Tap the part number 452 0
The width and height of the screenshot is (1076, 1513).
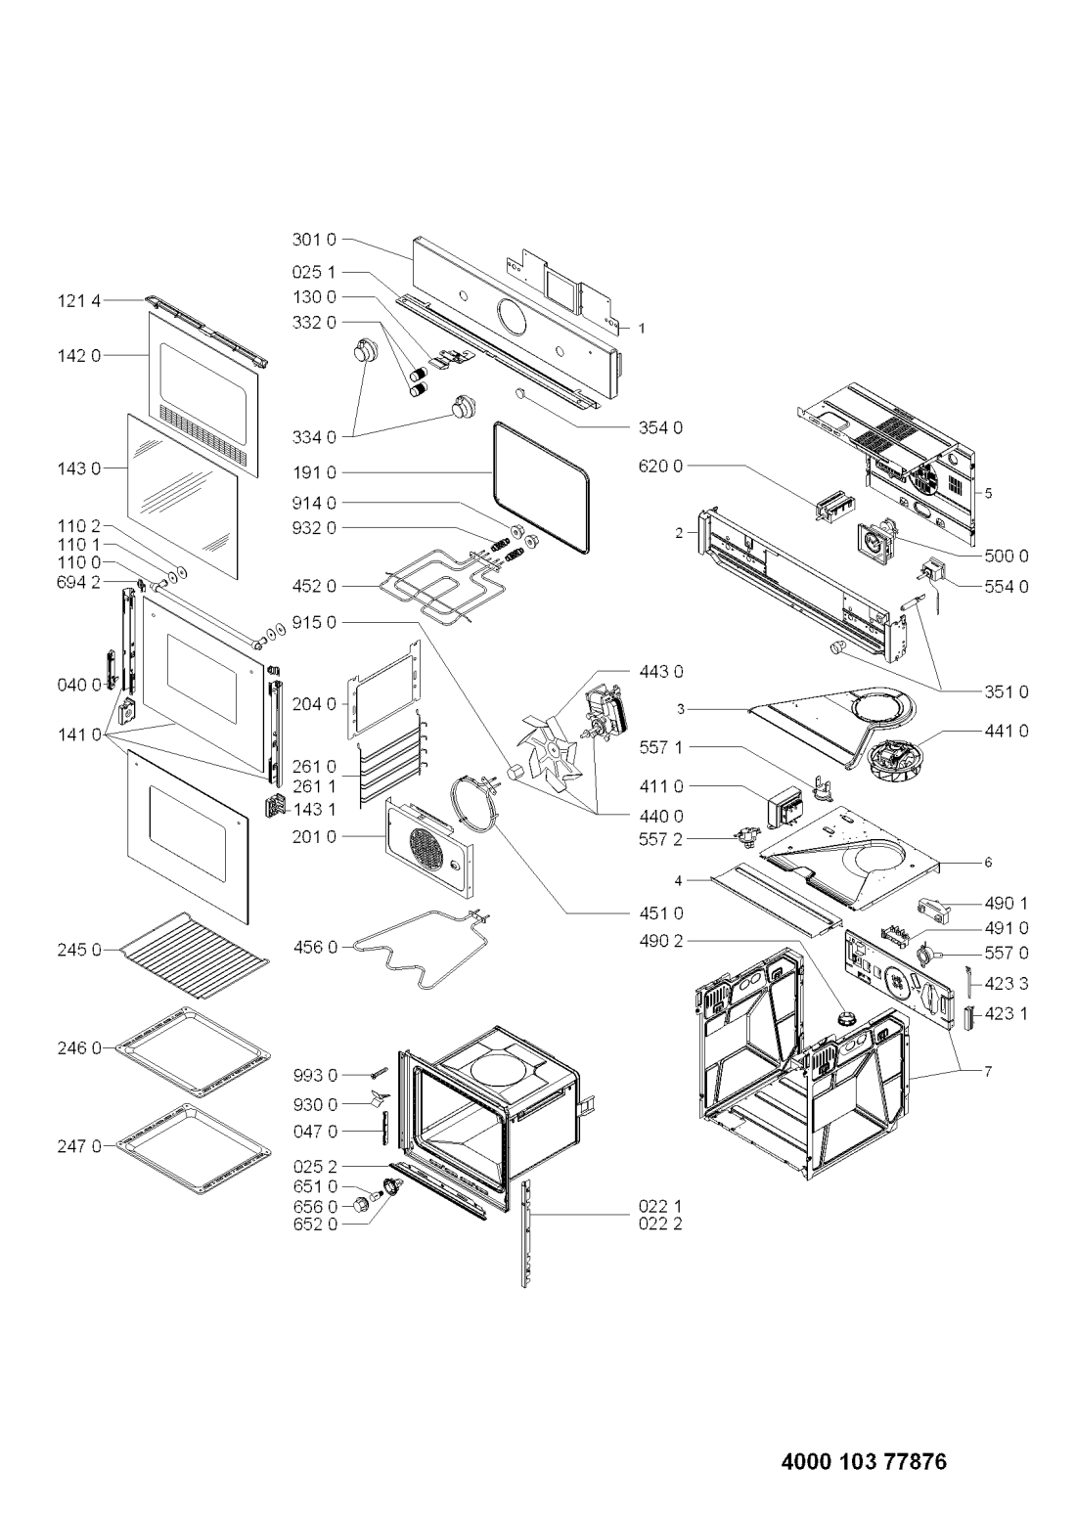(314, 586)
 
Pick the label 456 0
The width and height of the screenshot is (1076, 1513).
(314, 946)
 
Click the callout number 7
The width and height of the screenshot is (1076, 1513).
(988, 1072)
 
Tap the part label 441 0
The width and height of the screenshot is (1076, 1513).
(1008, 730)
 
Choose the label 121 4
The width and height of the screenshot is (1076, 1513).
(80, 302)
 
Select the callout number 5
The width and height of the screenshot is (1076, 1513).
(988, 494)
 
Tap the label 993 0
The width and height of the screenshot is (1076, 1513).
(314, 1075)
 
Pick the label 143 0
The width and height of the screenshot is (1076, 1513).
(80, 468)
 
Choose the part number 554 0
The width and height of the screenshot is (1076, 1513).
(1008, 587)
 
